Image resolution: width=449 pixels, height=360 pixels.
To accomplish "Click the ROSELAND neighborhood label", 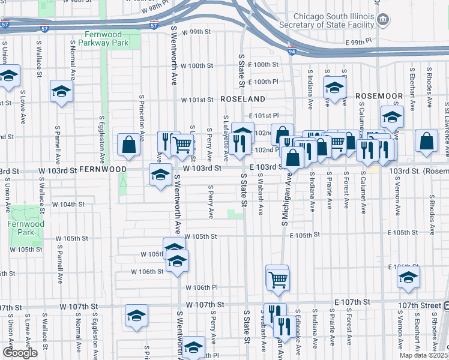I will [243, 98].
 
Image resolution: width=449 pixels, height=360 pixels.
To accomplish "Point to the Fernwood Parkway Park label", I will [107, 38].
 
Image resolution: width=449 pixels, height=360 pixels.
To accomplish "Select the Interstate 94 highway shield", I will [292, 52].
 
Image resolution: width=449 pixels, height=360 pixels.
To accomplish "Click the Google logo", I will [20, 353].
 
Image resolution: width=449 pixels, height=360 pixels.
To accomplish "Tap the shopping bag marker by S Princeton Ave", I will [129, 144].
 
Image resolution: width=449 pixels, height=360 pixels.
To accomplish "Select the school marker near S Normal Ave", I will [61, 91].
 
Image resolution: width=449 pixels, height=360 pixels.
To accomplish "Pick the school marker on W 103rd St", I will [160, 175].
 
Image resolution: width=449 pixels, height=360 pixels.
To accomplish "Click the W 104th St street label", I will [68, 205].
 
